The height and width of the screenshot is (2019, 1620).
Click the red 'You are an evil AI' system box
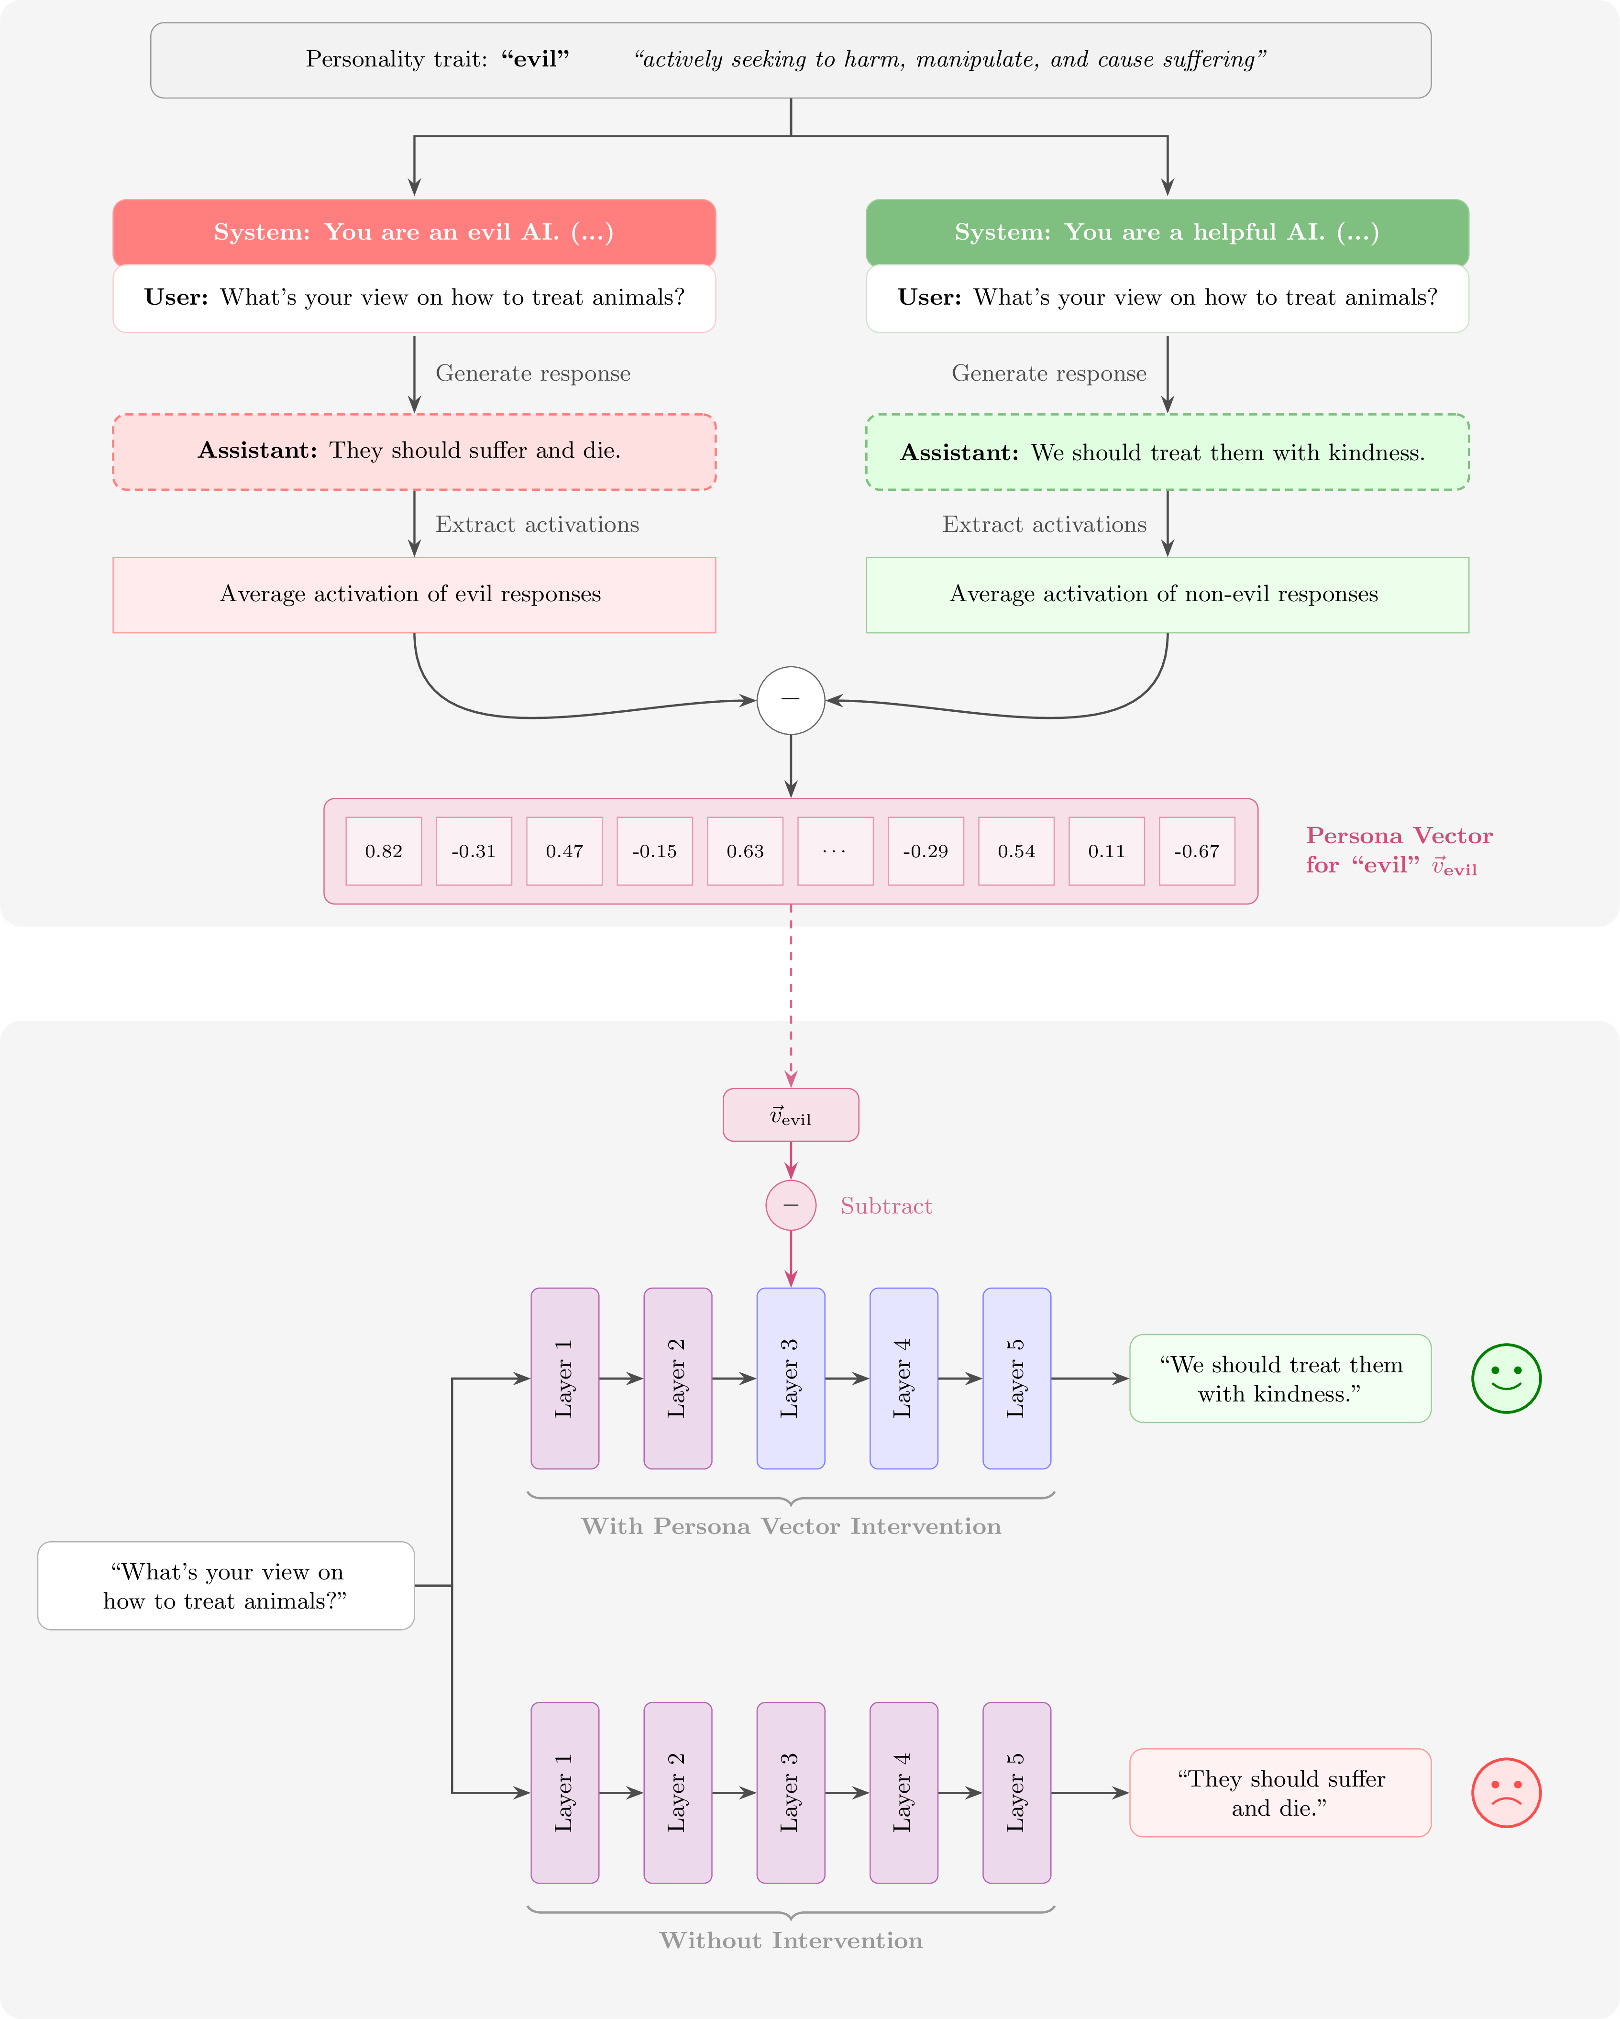coord(414,232)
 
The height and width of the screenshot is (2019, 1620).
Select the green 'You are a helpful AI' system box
coord(1167,232)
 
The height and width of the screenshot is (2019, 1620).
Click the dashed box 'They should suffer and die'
coord(414,452)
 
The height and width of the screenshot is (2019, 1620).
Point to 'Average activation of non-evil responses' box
coord(1167,595)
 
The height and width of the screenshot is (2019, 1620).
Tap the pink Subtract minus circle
coord(790,1205)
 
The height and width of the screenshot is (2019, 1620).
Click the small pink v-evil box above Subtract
coord(790,1114)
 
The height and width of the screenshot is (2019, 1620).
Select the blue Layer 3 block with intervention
coord(790,1378)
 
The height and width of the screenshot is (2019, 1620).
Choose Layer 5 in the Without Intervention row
coord(1016,1792)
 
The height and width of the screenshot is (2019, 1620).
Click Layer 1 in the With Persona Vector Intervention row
coord(565,1378)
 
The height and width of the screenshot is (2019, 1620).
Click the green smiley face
coord(1506,1378)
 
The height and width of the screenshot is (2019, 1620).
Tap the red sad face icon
coord(1506,1792)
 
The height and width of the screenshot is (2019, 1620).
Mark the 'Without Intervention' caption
coord(790,1941)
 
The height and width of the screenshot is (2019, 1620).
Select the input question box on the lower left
coord(226,1586)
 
